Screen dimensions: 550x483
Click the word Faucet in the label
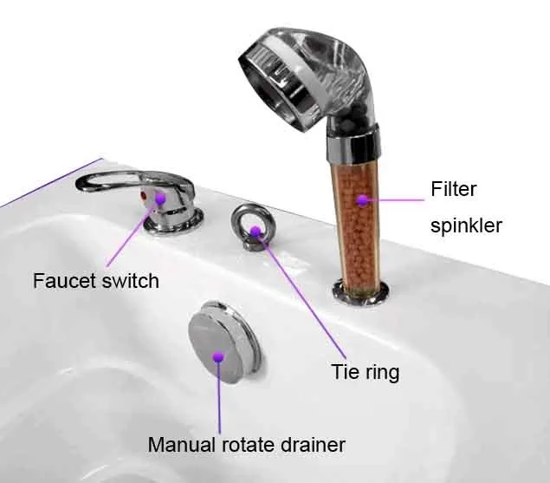[62, 281]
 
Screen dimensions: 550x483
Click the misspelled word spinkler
[466, 225]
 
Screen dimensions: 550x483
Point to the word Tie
[345, 373]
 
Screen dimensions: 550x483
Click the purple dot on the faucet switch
[159, 199]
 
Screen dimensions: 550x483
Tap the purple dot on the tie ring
[256, 230]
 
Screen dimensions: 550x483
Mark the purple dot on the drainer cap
[218, 356]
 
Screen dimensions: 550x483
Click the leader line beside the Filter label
[398, 200]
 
